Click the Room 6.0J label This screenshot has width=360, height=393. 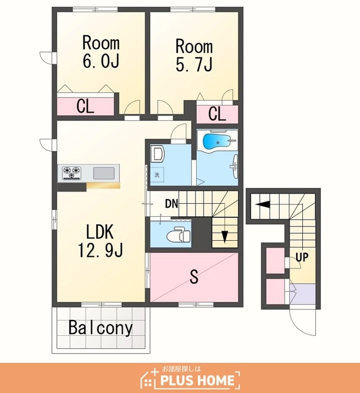pyautogui.click(x=101, y=52)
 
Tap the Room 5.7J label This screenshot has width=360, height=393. pyautogui.click(x=194, y=55)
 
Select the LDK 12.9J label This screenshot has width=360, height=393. pyautogui.click(x=100, y=241)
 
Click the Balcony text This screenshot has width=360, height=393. pyautogui.click(x=101, y=327)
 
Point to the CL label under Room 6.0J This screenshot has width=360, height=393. pyautogui.click(x=85, y=106)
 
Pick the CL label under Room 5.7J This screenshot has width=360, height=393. pyautogui.click(x=217, y=114)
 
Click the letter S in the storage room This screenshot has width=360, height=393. pyautogui.click(x=194, y=276)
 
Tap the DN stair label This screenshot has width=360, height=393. pyautogui.click(x=172, y=204)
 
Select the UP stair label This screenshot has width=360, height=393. pyautogui.click(x=302, y=257)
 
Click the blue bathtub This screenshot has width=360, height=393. pyautogui.click(x=217, y=142)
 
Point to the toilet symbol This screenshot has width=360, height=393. pyautogui.click(x=178, y=235)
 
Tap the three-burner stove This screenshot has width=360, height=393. pyautogui.click(x=72, y=173)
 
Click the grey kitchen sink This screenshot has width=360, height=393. pyautogui.click(x=104, y=173)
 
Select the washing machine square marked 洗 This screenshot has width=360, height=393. pyautogui.click(x=157, y=174)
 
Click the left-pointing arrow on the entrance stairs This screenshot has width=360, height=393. pyautogui.click(x=262, y=204)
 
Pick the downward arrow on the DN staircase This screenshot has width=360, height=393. pyautogui.click(x=224, y=236)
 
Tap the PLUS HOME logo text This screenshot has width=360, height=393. pyautogui.click(x=197, y=380)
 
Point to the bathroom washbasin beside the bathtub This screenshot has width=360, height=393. pyautogui.click(x=235, y=166)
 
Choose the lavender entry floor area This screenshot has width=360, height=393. pyautogui.click(x=303, y=294)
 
